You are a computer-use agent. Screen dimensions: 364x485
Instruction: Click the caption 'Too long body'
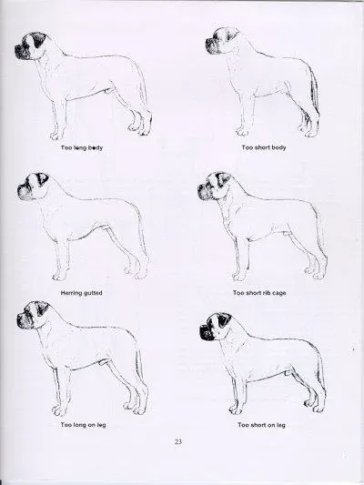point(82,147)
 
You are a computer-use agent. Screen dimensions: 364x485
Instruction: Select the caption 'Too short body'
point(264,147)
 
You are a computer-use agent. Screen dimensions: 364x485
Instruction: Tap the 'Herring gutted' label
point(81,293)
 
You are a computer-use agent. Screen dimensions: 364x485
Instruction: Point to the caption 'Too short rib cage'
point(259,293)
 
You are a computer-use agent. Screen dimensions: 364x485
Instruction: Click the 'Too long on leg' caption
point(83,425)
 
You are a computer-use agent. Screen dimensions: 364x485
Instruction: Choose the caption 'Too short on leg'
point(262,425)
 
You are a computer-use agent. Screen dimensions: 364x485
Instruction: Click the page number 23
point(178,441)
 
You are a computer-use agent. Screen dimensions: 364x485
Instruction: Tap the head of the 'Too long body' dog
point(34,45)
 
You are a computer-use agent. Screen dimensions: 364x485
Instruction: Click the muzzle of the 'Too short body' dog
point(212,46)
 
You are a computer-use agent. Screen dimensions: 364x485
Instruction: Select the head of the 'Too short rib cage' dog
point(215,187)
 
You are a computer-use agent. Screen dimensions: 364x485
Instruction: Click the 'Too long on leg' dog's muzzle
point(24,321)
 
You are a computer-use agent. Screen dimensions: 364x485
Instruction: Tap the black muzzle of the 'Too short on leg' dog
point(207,331)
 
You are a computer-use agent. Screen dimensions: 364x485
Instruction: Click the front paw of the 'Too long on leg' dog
point(59,410)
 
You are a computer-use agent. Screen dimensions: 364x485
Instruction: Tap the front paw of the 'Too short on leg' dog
point(236,409)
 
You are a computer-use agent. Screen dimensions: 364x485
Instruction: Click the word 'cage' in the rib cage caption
point(278,293)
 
